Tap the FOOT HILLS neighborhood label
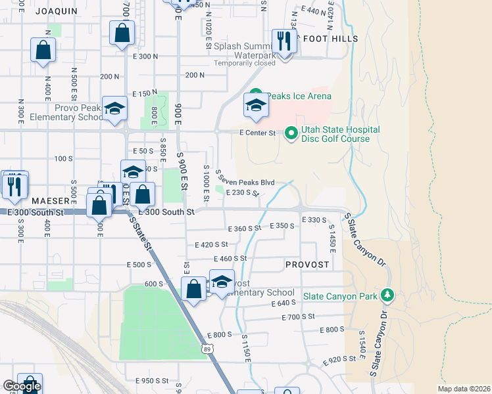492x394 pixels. (x=328, y=39)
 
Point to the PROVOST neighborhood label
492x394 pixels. (x=307, y=264)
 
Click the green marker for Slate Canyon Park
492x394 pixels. (x=387, y=295)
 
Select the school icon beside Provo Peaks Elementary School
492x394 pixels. (x=114, y=110)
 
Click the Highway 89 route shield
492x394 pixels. (x=208, y=350)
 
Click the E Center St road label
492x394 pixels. (x=257, y=133)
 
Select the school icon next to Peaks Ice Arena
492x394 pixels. (x=255, y=105)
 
